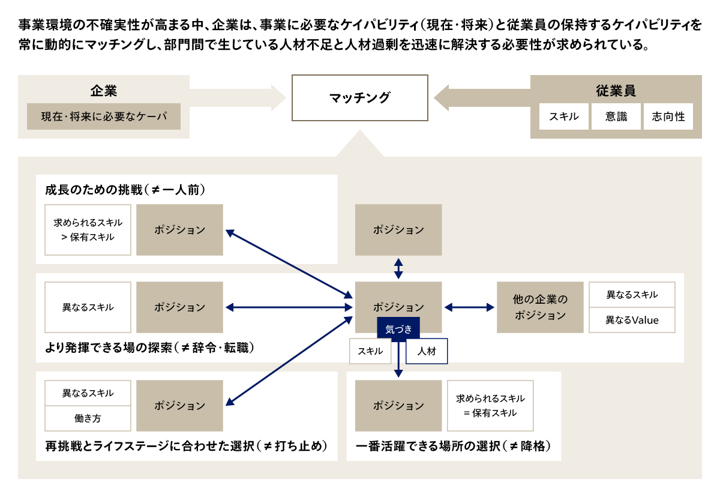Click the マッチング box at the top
(x=359, y=98)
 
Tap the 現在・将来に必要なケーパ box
(x=103, y=116)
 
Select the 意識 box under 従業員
(x=616, y=116)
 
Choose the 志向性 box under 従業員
(x=668, y=116)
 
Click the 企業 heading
(x=103, y=91)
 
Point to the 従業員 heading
(x=616, y=91)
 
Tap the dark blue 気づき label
(x=398, y=328)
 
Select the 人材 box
(x=427, y=351)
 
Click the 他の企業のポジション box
(x=540, y=307)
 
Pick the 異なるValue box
(x=632, y=320)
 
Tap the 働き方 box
(x=88, y=418)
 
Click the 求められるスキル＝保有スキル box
(x=490, y=406)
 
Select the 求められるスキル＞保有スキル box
(x=88, y=230)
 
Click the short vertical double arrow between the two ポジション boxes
(x=398, y=268)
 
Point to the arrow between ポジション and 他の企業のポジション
(x=469, y=307)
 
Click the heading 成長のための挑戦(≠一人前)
(x=125, y=190)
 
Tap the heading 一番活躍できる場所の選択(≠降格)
(x=453, y=446)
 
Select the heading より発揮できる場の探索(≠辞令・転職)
(x=150, y=348)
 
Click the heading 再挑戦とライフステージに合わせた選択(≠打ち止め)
(x=186, y=446)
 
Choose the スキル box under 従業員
(x=564, y=116)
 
